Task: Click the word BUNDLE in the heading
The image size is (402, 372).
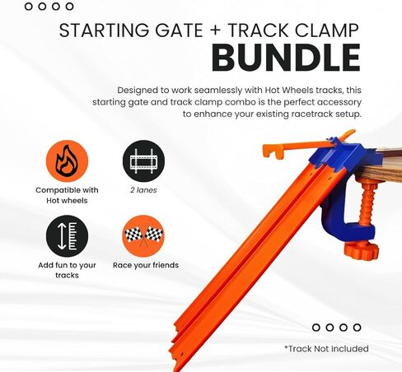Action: point(286,58)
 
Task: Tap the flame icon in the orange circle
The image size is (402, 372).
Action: point(67,161)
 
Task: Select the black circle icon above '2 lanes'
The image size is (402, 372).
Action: point(143,161)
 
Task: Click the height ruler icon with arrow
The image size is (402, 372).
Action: point(67,236)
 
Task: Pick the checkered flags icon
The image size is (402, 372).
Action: point(143,236)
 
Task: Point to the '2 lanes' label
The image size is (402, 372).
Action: point(143,190)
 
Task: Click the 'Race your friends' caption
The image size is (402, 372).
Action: point(146,265)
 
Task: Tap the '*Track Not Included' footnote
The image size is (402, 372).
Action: point(326,349)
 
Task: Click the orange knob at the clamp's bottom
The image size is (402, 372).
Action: point(361,250)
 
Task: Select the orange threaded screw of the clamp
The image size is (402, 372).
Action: point(367,203)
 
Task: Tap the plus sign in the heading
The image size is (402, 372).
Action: point(216,30)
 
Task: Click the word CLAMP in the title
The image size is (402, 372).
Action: point(327,30)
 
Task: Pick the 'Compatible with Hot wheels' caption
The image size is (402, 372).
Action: point(67,195)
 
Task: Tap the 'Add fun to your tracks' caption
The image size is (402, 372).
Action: point(67,270)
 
